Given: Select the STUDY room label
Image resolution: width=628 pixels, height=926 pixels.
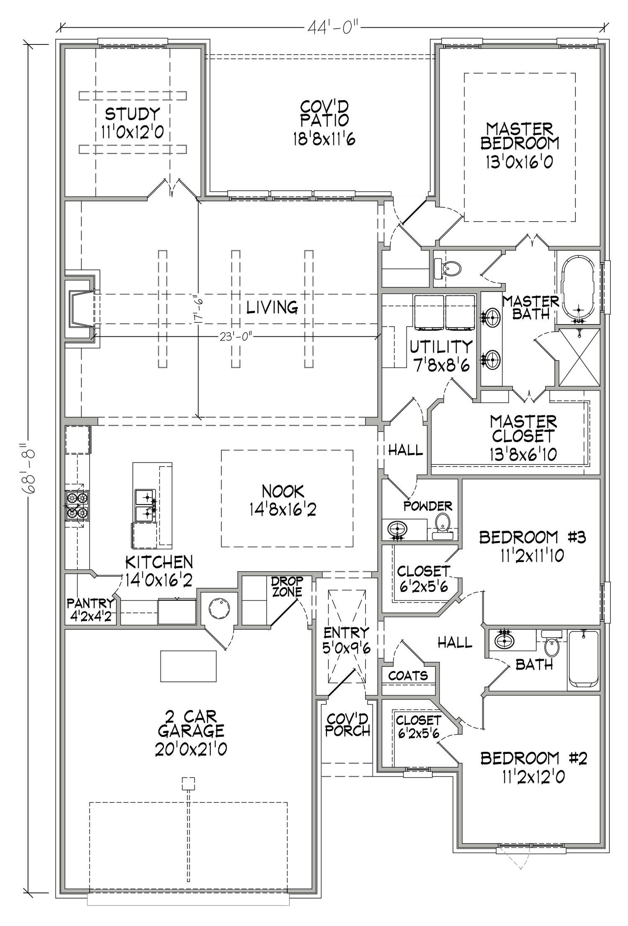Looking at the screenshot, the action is [132, 113].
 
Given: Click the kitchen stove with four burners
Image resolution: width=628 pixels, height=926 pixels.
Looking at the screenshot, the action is [77, 506].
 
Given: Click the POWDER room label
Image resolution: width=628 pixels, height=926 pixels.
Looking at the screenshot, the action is [428, 506].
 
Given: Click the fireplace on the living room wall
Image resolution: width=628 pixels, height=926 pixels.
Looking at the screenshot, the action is [82, 309].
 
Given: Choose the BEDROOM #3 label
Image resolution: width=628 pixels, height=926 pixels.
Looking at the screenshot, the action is [533, 537].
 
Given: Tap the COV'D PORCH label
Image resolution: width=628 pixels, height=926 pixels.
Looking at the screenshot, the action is [347, 725].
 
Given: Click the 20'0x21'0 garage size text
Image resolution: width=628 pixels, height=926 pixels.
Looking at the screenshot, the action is [191, 749].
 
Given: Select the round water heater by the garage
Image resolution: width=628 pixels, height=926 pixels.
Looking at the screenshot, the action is [219, 608].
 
